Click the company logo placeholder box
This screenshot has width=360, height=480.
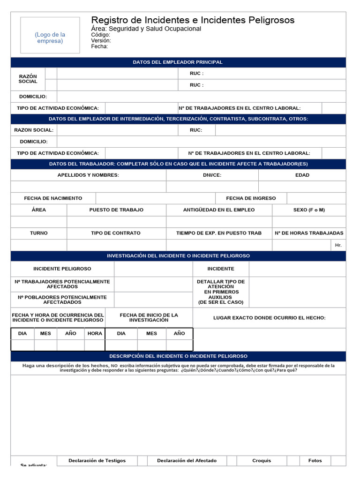click(x=50, y=35)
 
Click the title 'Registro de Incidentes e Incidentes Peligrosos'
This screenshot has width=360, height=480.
click(x=193, y=20)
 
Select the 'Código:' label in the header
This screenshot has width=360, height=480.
click(x=101, y=35)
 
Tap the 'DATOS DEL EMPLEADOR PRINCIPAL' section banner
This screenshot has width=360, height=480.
click(x=178, y=62)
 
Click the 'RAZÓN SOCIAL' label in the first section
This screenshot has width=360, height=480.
click(x=28, y=79)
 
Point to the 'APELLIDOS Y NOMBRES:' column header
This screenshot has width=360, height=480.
click(x=88, y=175)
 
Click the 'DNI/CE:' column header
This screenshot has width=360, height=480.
click(x=212, y=175)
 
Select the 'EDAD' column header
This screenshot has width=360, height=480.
click(x=302, y=175)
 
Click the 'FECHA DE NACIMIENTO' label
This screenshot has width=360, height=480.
click(x=53, y=198)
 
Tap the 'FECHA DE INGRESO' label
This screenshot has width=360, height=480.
click(x=251, y=198)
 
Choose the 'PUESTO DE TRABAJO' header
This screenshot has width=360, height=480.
click(x=116, y=210)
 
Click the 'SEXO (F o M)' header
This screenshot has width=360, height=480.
click(x=309, y=210)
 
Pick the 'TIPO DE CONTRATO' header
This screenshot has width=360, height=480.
click(x=116, y=233)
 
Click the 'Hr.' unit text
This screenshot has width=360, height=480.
click(x=338, y=245)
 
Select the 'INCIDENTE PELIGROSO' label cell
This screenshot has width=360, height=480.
click(x=62, y=269)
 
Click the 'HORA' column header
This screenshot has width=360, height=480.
click(x=95, y=333)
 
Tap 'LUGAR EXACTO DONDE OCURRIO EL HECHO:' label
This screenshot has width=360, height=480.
click(x=269, y=318)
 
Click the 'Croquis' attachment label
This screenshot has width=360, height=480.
click(x=262, y=461)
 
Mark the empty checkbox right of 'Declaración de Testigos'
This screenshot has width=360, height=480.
click(x=142, y=461)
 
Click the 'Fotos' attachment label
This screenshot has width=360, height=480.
click(x=315, y=461)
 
